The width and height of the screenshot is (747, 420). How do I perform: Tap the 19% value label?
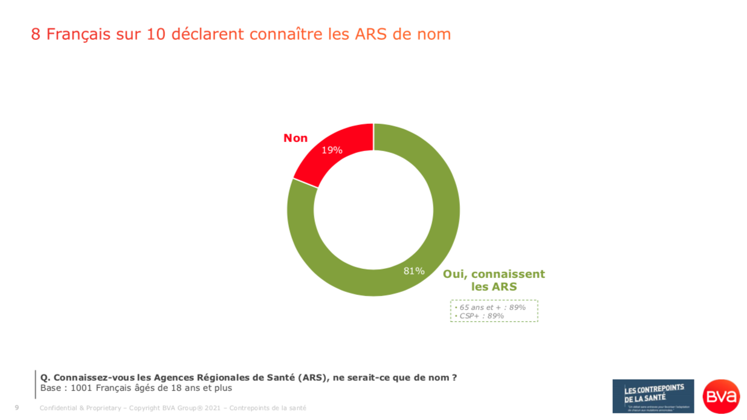(332, 150)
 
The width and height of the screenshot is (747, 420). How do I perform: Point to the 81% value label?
(414, 271)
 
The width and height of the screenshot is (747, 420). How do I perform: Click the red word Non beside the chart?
(296, 138)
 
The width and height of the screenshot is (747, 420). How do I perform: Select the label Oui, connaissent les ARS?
(494, 280)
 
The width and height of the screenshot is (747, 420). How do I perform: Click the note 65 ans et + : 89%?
(492, 307)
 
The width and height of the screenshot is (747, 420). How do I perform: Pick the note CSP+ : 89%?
(481, 315)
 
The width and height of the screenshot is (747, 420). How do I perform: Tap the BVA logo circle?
(721, 396)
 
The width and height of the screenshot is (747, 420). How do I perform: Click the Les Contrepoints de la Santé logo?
(653, 396)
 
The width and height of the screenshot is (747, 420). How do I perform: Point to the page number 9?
(17, 408)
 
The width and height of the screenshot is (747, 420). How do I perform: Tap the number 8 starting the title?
(36, 34)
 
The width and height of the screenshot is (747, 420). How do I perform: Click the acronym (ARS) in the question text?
(312, 378)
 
